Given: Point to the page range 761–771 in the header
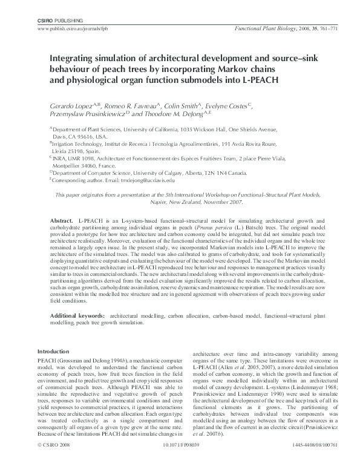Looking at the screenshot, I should tap(310, 29).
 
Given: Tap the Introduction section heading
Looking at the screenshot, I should tap(53, 352).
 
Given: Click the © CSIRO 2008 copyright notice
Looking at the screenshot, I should tap(54, 461).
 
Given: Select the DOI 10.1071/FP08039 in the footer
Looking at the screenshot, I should tap(180, 461).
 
